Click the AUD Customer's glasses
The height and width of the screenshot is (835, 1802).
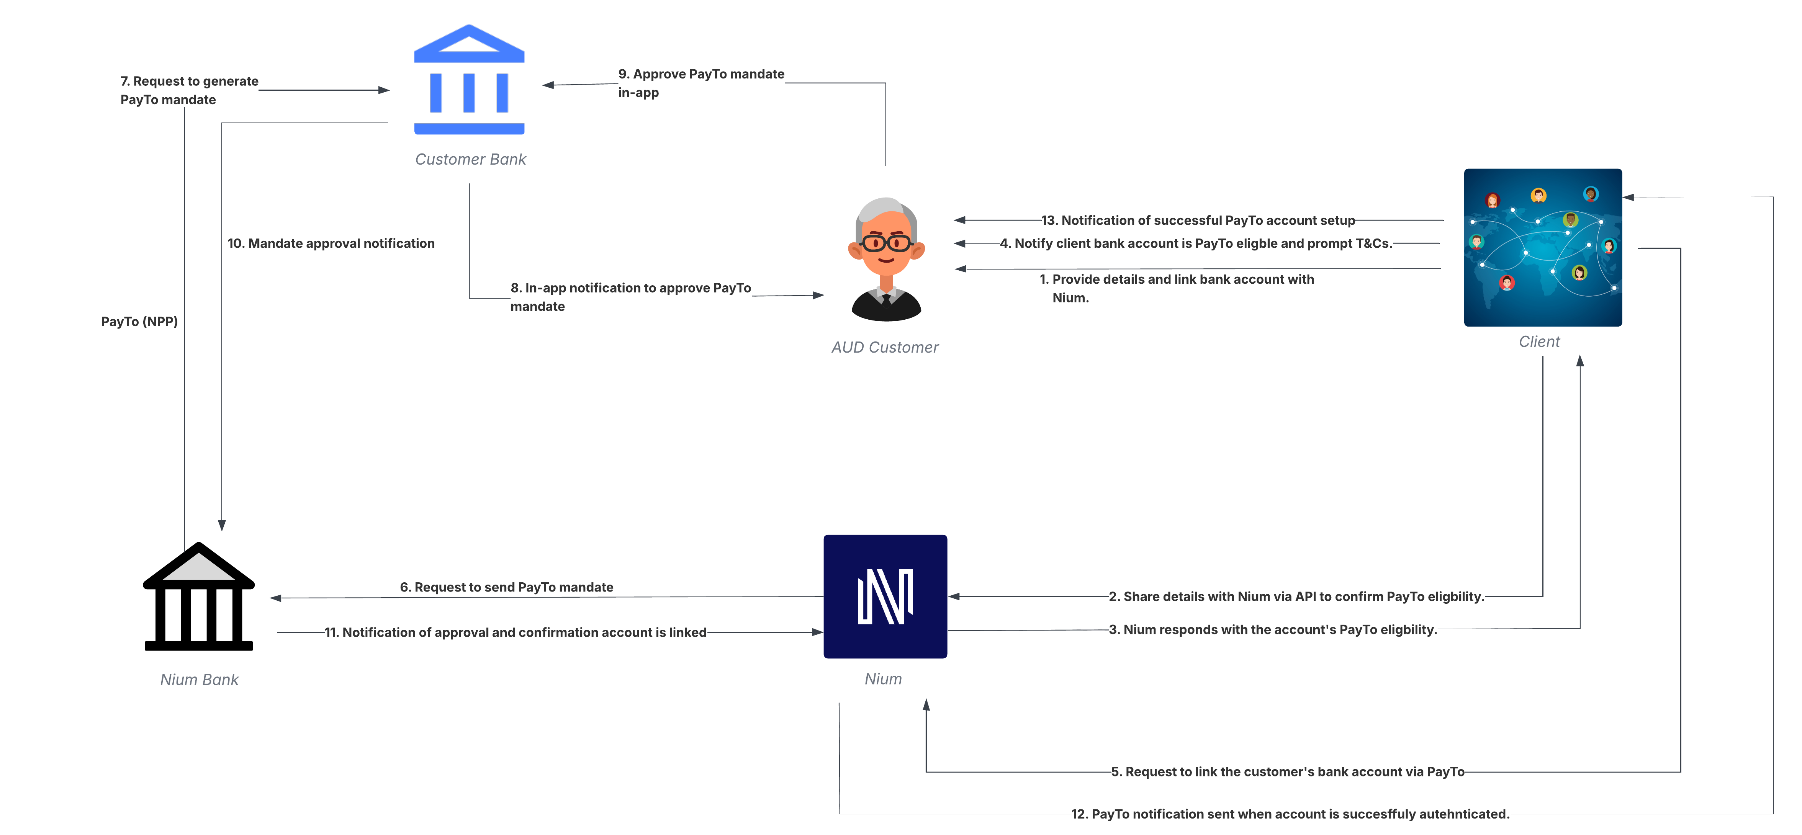tap(885, 243)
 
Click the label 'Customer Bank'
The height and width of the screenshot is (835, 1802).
tap(470, 159)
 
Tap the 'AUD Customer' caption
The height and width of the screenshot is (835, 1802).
tap(885, 348)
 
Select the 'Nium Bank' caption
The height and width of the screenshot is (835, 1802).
tap(200, 680)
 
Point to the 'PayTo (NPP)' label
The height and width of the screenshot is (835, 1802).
tap(139, 322)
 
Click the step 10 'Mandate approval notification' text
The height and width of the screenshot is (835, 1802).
tap(331, 243)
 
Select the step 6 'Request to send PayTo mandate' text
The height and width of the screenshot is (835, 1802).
tap(506, 587)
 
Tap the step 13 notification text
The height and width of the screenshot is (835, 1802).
tap(1198, 220)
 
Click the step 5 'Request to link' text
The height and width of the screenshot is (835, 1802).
tap(1287, 772)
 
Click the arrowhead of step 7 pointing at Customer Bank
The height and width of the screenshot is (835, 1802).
tap(384, 90)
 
